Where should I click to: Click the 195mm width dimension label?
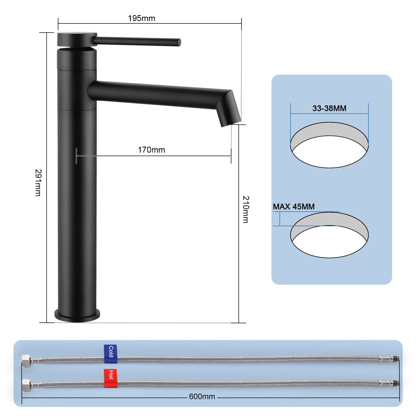(x=141, y=18)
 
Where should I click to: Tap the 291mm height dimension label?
(x=38, y=183)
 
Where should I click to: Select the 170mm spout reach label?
(x=151, y=150)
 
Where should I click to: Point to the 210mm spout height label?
(x=246, y=209)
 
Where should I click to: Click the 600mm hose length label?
(x=202, y=396)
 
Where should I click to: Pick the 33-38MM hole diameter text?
(x=329, y=108)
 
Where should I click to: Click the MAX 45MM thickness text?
(x=294, y=207)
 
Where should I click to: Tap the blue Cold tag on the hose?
(x=110, y=354)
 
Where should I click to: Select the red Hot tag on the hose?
(x=110, y=378)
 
